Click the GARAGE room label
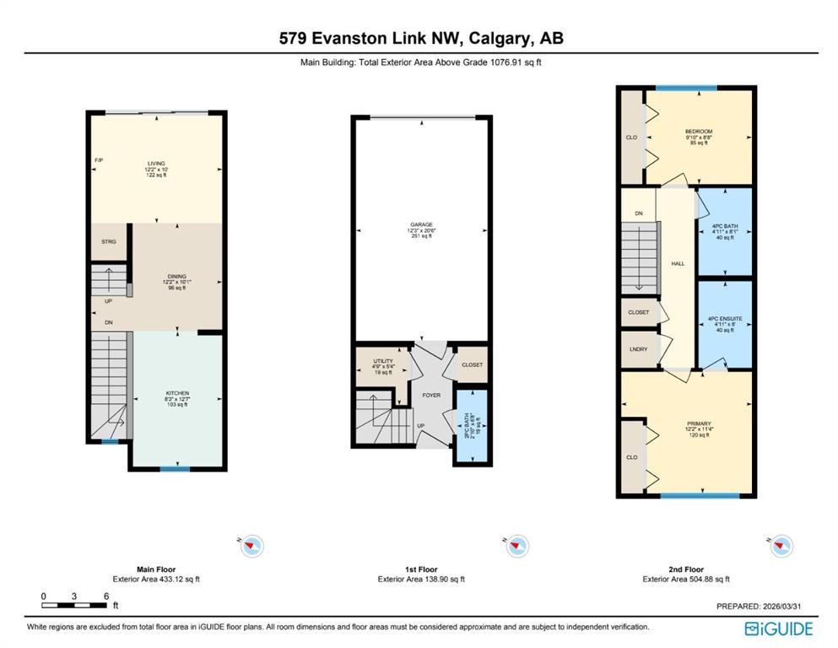tap(421, 224)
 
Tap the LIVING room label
tap(156, 164)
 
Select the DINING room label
tap(176, 277)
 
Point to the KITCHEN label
tap(176, 393)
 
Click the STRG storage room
tap(108, 241)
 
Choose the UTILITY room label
tap(382, 361)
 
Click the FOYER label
tap(431, 392)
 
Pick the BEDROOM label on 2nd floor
tap(699, 132)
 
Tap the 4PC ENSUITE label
tap(725, 319)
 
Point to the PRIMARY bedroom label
tap(699, 424)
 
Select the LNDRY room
tap(638, 349)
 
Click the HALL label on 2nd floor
tap(678, 264)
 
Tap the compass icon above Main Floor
tap(251, 546)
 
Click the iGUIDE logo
tap(778, 629)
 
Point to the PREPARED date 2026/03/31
tap(766, 606)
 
